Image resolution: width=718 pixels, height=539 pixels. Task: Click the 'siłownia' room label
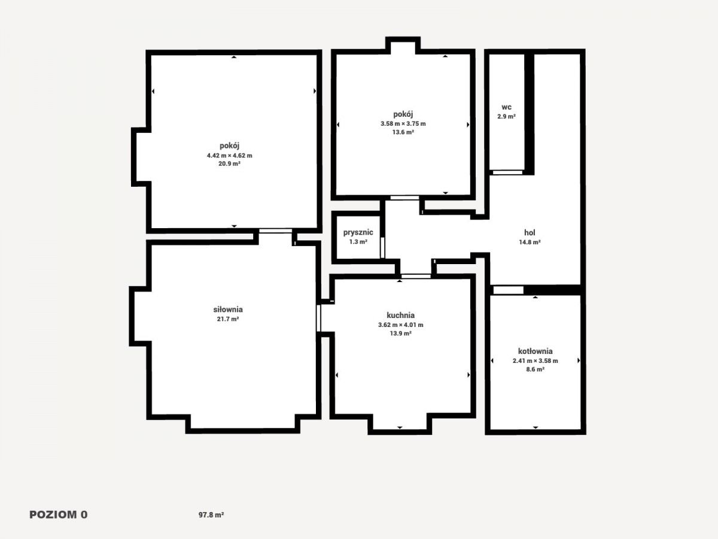(228, 309)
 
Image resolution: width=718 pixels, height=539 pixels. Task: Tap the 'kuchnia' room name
(401, 315)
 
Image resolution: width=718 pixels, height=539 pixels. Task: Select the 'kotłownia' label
(536, 351)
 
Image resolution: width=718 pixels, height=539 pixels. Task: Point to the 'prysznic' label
(358, 232)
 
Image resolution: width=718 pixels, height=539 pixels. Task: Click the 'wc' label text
(507, 107)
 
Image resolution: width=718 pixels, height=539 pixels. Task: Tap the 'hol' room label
(530, 233)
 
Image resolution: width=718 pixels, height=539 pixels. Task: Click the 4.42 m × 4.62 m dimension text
(229, 156)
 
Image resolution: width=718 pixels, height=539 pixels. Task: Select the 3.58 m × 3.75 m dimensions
(403, 124)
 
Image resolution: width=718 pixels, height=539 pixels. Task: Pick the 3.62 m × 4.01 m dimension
(401, 325)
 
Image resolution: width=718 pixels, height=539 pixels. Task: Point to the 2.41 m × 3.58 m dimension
(536, 361)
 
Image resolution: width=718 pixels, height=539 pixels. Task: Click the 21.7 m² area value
(228, 319)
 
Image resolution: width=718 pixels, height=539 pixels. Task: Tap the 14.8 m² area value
(530, 242)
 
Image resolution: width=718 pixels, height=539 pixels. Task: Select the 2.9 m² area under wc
(507, 116)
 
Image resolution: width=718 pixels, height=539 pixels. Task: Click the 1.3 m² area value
(358, 242)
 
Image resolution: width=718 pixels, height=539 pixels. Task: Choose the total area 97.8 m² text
(211, 515)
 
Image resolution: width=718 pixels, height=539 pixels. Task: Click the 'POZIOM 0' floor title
(59, 515)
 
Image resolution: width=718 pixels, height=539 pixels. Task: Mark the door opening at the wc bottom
(507, 172)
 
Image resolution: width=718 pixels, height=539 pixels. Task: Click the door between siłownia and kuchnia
(318, 318)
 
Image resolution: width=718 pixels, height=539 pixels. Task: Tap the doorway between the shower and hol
(382, 247)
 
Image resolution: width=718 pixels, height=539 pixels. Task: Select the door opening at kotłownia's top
(509, 290)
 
